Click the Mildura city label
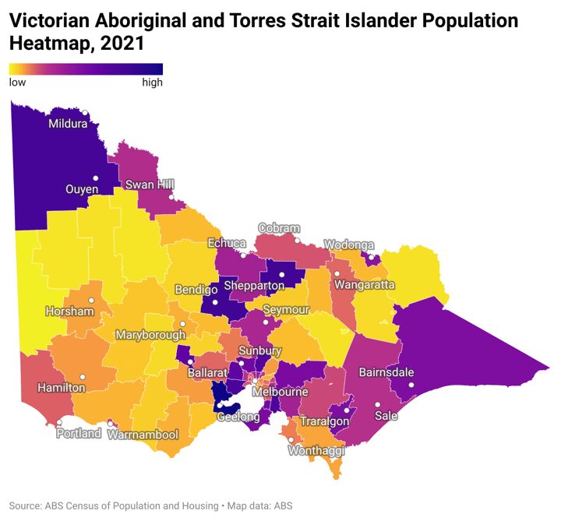coord(69,123)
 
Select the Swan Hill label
coord(150,185)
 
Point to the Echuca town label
coord(227,244)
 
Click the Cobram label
coord(279,229)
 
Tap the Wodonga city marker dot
coord(372,256)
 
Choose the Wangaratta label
coord(365,285)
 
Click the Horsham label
coord(70,312)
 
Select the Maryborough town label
coord(150,335)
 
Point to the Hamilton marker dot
coord(83,377)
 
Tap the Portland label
coord(79,433)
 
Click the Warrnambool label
coord(143,435)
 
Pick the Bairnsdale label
coord(386,372)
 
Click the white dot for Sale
coord(377,404)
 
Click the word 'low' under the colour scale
coord(17,83)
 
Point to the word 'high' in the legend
coord(152,83)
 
